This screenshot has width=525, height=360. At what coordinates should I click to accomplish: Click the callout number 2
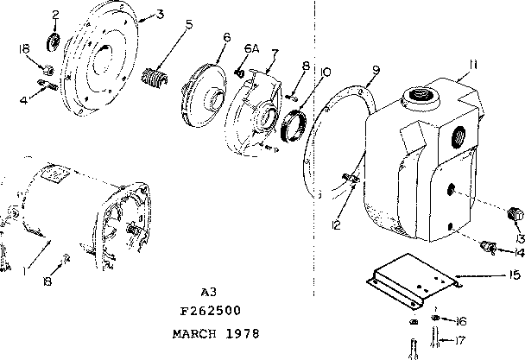pyautogui.click(x=55, y=14)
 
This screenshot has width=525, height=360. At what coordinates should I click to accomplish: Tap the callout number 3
pyautogui.click(x=161, y=15)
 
